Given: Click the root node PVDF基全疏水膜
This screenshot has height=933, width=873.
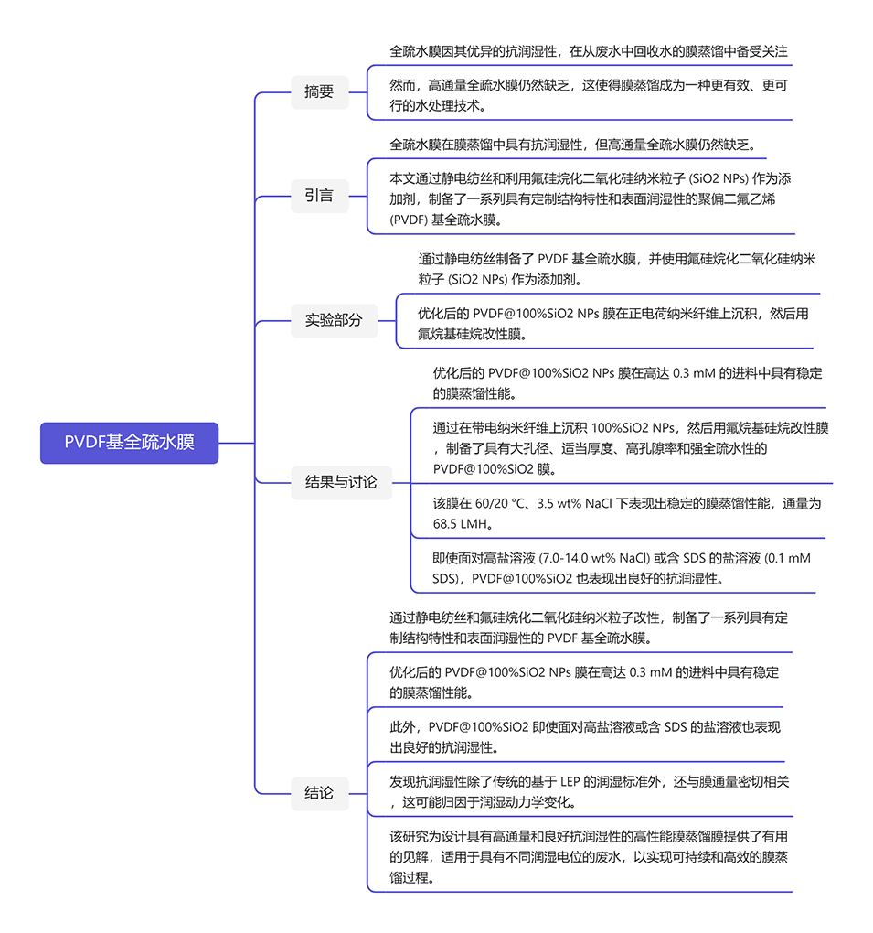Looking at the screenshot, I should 129,443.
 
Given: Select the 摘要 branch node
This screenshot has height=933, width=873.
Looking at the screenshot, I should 319,91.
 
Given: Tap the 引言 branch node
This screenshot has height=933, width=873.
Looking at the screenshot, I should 319,195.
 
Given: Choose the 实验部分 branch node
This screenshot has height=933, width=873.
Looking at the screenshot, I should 334,320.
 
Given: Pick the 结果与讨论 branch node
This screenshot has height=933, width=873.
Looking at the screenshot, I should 341,482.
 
